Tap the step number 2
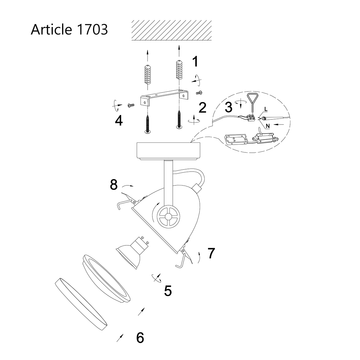pos(202,108)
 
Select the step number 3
pos(229,106)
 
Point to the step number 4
pos(119,121)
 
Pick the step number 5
pos(168,291)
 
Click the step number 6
pos(140,338)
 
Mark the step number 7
pos(211,253)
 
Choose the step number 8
pos(114,185)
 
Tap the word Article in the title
pos(51,30)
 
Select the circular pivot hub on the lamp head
pos(169,216)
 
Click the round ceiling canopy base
pos(168,151)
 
